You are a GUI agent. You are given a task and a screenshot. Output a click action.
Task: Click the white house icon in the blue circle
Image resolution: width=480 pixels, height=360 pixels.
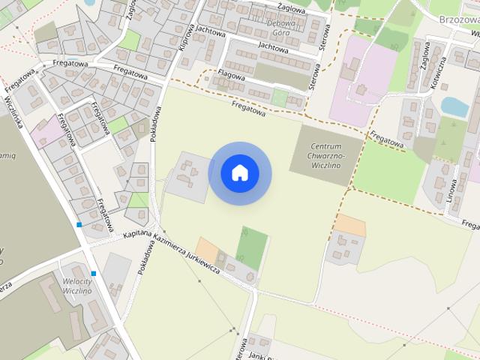[x=240, y=173]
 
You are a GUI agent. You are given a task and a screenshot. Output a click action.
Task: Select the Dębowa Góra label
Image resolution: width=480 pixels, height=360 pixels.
[x=281, y=28]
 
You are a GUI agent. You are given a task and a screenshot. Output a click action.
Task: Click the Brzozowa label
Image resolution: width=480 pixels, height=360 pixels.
[x=459, y=19]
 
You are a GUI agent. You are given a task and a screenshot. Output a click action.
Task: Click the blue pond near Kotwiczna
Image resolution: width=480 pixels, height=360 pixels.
[x=454, y=107]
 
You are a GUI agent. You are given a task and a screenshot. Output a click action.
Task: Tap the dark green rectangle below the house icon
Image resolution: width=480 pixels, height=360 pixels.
[x=253, y=247]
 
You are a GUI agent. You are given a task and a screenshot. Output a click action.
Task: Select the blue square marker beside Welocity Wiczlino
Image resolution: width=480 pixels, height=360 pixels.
[x=94, y=274]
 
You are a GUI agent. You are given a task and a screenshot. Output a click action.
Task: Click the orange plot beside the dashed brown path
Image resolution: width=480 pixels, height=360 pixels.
[x=349, y=223]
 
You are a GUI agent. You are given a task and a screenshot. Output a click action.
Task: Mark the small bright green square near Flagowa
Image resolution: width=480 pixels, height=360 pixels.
[x=279, y=97]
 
